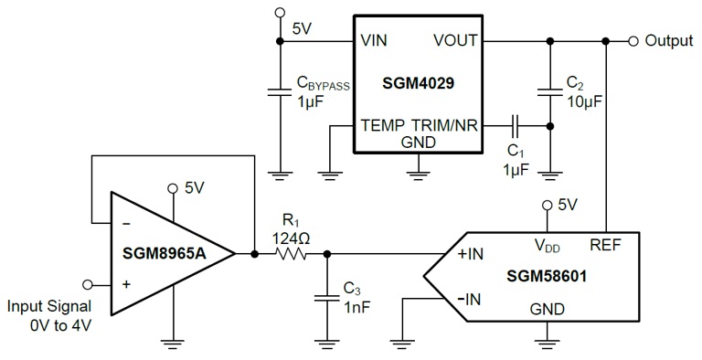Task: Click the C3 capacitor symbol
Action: click(326, 296)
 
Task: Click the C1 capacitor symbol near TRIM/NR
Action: click(516, 125)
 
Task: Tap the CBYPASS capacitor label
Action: click(322, 85)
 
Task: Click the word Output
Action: click(669, 41)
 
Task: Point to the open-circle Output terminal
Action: click(633, 41)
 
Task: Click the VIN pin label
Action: click(376, 41)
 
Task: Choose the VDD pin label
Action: click(546, 245)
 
